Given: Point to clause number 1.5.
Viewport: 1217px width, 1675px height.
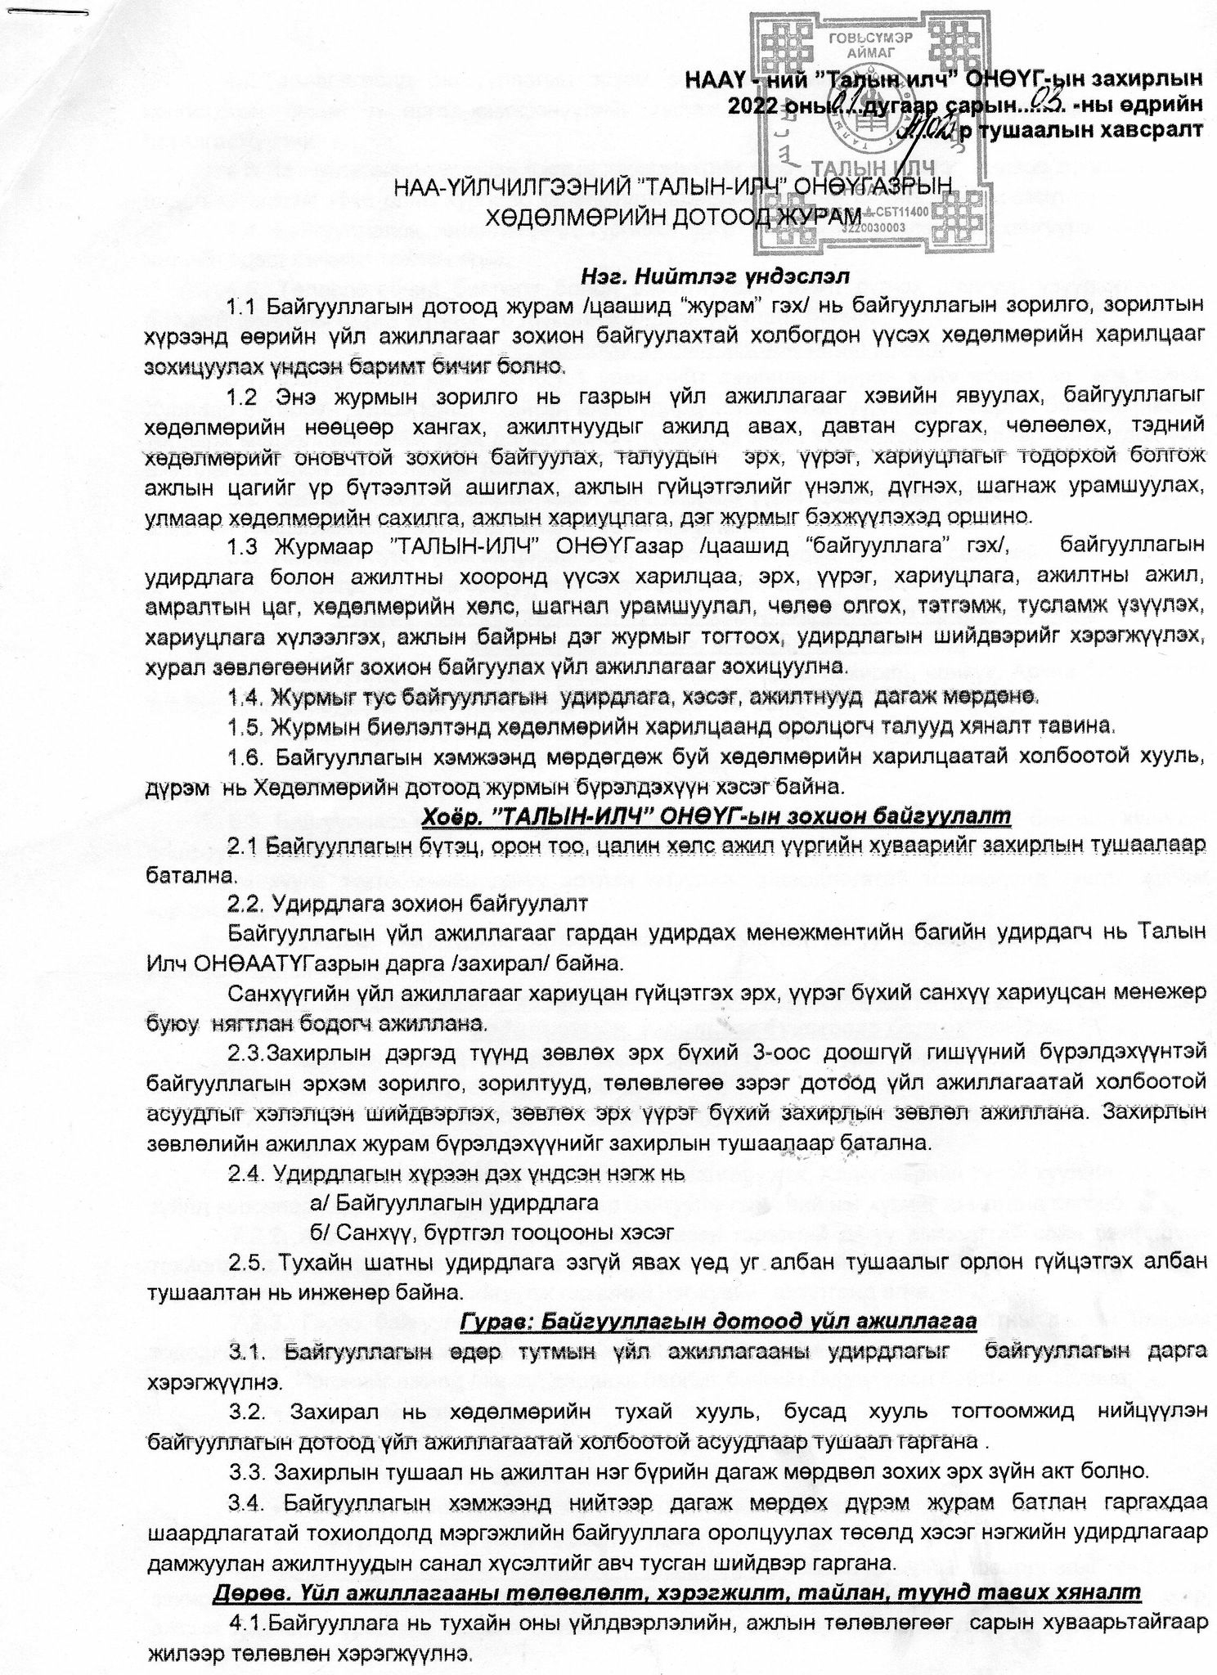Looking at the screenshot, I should [x=245, y=726].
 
